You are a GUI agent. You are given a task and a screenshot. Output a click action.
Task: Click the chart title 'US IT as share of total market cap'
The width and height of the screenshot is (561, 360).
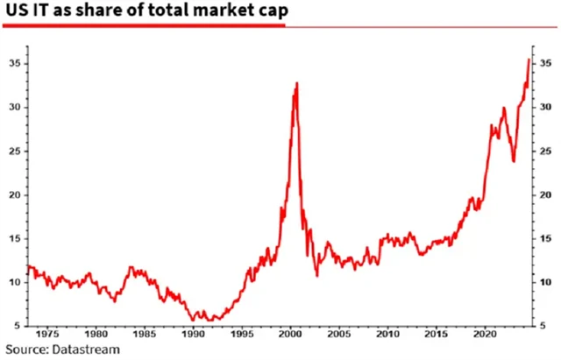tap(141, 11)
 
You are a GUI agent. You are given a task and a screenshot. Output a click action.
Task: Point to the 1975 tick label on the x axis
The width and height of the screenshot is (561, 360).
tap(48, 334)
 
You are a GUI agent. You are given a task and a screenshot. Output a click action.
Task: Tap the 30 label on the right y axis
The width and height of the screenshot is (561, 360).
tap(545, 107)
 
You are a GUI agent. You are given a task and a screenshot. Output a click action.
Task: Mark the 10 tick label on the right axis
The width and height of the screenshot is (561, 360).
tap(545, 282)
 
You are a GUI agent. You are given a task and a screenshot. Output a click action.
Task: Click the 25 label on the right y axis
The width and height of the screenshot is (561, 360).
tap(545, 151)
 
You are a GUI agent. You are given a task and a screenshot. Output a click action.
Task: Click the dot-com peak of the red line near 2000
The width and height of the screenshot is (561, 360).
tap(297, 83)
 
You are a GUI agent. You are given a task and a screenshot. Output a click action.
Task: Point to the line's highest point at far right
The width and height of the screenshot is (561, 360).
tap(528, 60)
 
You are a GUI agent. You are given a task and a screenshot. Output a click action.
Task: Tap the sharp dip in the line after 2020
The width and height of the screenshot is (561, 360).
tap(513, 161)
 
